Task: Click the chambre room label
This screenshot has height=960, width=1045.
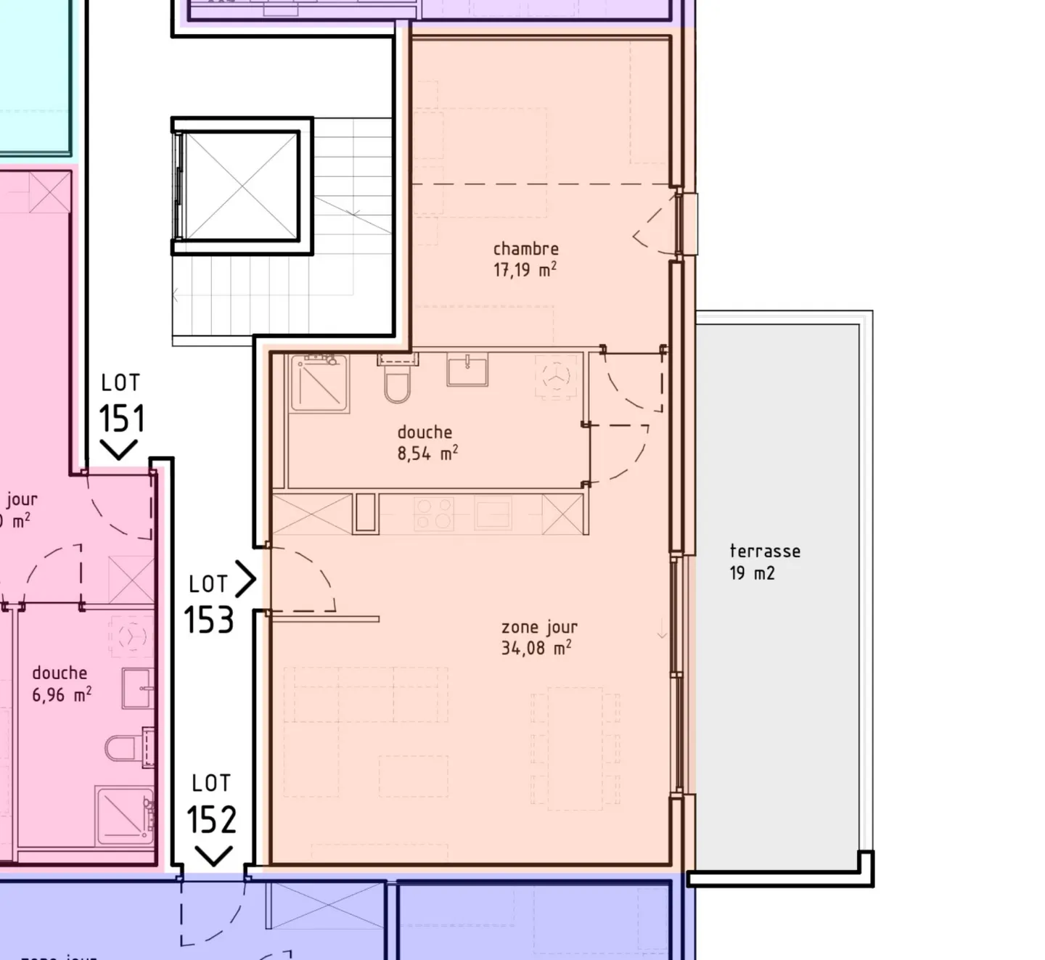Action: click(x=525, y=249)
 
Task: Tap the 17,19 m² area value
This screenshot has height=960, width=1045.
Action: click(x=525, y=270)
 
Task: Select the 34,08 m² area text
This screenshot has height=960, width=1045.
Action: click(x=536, y=648)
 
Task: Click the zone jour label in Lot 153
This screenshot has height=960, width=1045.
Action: click(x=539, y=627)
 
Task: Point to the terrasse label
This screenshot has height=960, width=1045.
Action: click(x=765, y=551)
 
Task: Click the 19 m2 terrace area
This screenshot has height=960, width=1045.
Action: click(x=752, y=573)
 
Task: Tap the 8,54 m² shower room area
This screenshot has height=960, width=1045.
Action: click(x=427, y=454)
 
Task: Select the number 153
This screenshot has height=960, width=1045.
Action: click(x=209, y=620)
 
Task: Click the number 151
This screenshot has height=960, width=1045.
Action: click(x=121, y=419)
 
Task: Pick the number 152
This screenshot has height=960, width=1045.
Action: click(x=211, y=820)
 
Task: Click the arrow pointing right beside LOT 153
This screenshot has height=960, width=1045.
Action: click(x=246, y=579)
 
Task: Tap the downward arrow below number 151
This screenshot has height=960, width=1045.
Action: click(x=118, y=449)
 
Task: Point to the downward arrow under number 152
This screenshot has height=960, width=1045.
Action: click(x=213, y=856)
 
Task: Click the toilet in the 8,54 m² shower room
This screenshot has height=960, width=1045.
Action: click(x=397, y=383)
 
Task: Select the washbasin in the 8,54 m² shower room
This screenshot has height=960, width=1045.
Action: click(x=467, y=371)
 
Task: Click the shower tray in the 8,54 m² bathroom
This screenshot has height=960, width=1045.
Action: click(x=319, y=382)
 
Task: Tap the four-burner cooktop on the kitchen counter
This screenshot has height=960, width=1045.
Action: click(x=433, y=514)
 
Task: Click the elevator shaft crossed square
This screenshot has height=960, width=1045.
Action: click(x=239, y=186)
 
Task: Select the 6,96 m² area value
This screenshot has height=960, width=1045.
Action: click(x=61, y=695)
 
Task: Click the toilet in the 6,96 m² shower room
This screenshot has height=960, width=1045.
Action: click(x=123, y=747)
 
